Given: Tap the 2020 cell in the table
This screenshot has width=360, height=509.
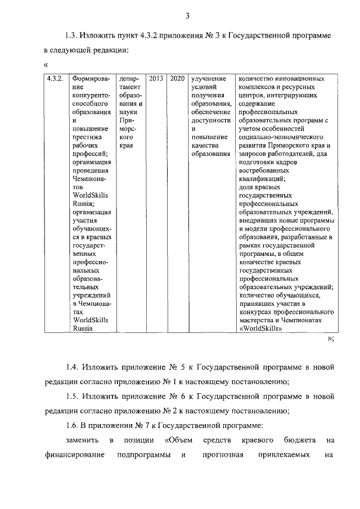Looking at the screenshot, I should [x=177, y=79].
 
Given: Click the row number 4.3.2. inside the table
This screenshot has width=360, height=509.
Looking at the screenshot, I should [x=57, y=79].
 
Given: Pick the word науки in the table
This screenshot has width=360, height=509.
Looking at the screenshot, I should [x=129, y=112].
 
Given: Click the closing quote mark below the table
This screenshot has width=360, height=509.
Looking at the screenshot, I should [x=330, y=339].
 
